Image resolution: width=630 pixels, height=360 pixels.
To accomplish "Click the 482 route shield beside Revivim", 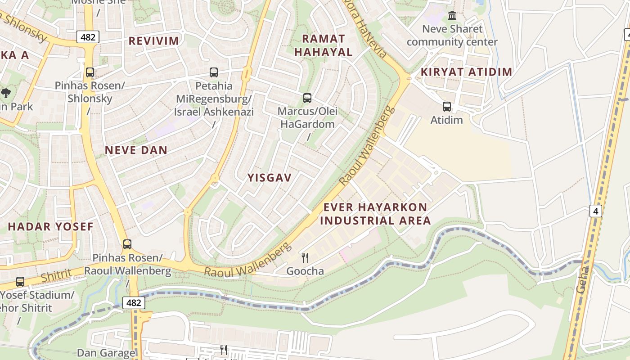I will pyautogui.click(x=88, y=37).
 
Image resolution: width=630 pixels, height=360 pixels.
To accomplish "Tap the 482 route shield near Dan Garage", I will pyautogui.click(x=134, y=303).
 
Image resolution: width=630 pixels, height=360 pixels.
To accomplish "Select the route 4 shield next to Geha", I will pyautogui.click(x=595, y=211).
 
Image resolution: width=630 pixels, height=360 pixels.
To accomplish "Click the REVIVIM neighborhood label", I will pyautogui.click(x=154, y=41).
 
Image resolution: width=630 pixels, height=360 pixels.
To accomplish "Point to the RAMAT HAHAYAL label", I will pyautogui.click(x=323, y=45).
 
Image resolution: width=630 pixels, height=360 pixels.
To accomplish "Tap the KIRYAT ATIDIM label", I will pyautogui.click(x=466, y=72).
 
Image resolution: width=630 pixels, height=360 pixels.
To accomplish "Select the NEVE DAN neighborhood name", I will pyautogui.click(x=136, y=150).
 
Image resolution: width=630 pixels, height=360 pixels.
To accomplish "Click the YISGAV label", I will pyautogui.click(x=270, y=178).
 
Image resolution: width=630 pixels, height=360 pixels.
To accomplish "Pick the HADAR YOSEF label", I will pyautogui.click(x=50, y=226).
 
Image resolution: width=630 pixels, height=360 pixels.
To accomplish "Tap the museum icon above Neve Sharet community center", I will pyautogui.click(x=452, y=16).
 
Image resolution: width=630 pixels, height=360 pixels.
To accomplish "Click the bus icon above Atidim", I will pyautogui.click(x=446, y=107).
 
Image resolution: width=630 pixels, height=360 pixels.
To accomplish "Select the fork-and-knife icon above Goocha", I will pyautogui.click(x=305, y=257).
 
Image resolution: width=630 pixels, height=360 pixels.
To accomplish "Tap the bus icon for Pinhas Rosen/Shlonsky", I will pyautogui.click(x=90, y=72).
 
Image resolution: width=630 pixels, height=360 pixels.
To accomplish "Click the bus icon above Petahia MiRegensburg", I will pyautogui.click(x=214, y=72).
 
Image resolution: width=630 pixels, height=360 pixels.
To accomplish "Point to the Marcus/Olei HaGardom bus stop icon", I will pyautogui.click(x=307, y=98).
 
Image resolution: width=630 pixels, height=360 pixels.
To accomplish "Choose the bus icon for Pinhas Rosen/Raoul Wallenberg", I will pyautogui.click(x=127, y=244).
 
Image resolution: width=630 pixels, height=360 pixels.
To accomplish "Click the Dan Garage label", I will pyautogui.click(x=106, y=353).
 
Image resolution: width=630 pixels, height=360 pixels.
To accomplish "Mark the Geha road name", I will pyautogui.click(x=582, y=279).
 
